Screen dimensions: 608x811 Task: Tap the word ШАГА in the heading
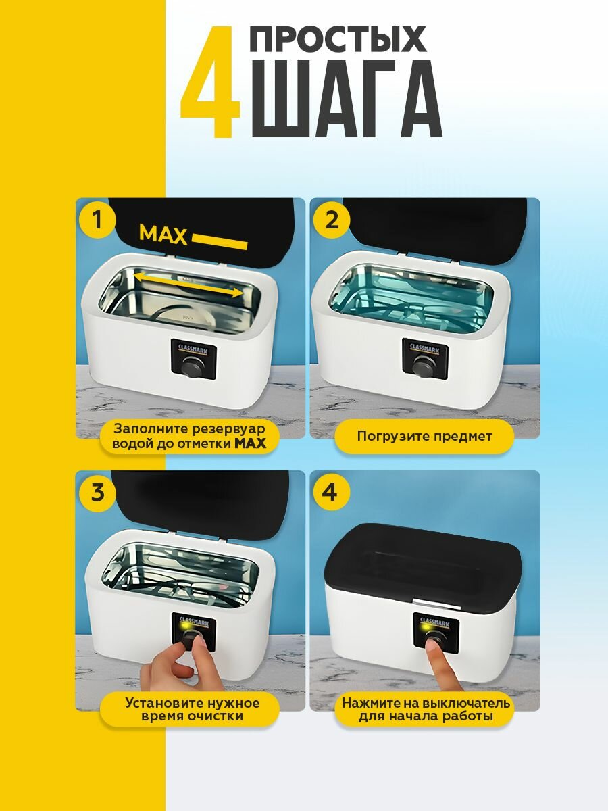346,99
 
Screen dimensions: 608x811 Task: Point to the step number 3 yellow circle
97,492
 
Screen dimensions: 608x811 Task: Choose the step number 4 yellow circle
330,492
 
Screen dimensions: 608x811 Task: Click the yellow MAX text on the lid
163,235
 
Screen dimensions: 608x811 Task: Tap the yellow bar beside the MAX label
220,242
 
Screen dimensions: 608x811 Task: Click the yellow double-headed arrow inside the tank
188,285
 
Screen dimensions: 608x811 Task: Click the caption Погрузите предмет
424,436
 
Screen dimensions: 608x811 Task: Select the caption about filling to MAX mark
189,436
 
